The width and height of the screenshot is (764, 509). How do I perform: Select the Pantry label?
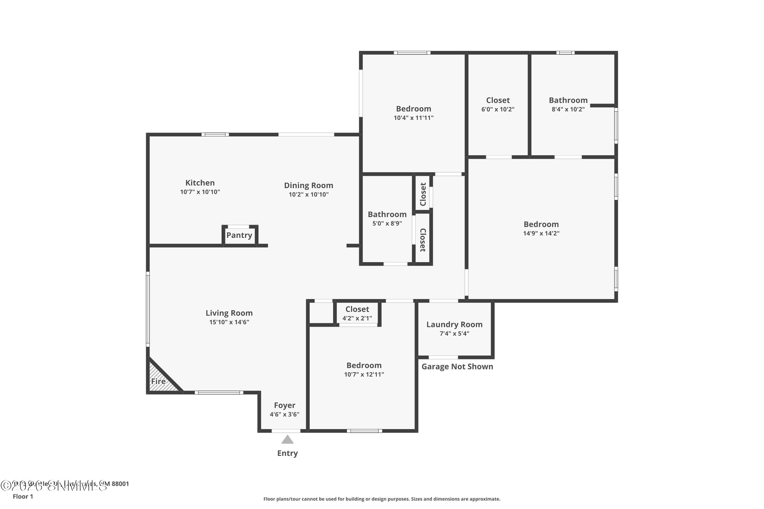pos(239,235)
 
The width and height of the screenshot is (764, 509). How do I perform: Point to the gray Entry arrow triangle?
pos(287,440)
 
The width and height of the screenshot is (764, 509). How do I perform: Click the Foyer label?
pos(284,405)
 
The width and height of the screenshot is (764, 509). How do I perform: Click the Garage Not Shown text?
pos(457,366)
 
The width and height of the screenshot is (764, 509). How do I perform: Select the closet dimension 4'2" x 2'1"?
pos(357,318)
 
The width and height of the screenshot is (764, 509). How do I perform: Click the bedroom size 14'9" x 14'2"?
pos(541,233)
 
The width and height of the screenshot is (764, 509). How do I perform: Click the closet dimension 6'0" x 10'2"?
pos(498,109)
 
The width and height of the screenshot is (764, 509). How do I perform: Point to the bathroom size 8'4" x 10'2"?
pos(568,109)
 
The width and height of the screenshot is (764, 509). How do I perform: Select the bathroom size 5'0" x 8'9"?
pos(387,223)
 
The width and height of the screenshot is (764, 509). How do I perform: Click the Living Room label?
pos(229,313)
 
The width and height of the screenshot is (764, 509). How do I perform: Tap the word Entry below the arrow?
pos(287,453)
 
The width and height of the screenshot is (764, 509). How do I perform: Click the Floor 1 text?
pos(23,496)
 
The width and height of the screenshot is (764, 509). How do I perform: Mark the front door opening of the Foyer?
pos(286,431)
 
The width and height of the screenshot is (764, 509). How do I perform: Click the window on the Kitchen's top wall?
pos(215,134)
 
